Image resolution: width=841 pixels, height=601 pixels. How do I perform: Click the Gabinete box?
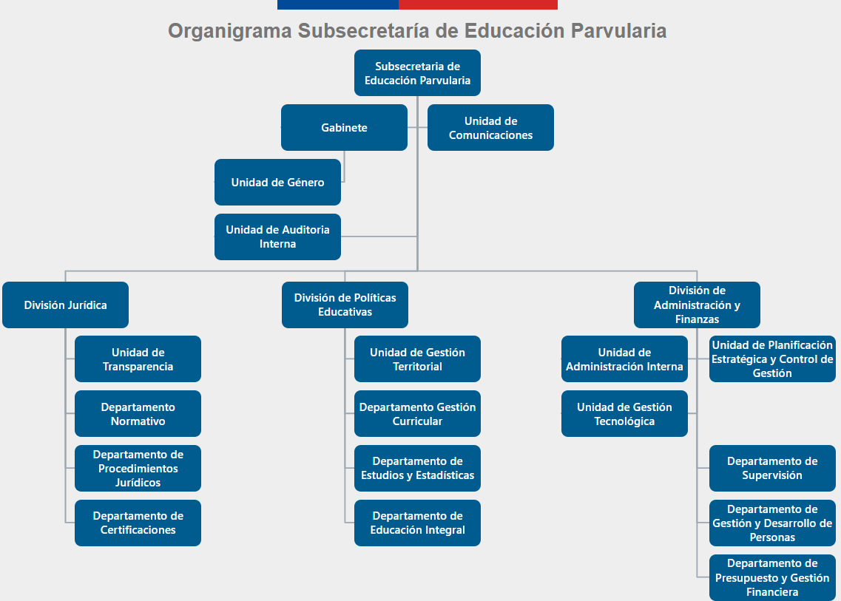[344, 127]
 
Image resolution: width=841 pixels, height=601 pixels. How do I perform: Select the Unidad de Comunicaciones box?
[490, 127]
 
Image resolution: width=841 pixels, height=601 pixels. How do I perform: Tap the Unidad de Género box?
[277, 182]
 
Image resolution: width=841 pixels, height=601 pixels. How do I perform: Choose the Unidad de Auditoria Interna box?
[277, 237]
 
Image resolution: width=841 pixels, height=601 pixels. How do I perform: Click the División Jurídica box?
[65, 305]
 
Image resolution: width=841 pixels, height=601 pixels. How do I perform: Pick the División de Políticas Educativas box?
[345, 305]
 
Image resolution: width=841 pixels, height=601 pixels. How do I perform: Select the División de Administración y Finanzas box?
[697, 305]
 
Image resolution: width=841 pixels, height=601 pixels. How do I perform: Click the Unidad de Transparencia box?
[138, 359]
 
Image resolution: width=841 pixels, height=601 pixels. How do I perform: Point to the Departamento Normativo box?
[138, 414]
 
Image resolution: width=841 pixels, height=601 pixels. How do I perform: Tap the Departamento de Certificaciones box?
[138, 523]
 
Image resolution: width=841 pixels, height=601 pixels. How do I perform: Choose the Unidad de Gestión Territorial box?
[417, 359]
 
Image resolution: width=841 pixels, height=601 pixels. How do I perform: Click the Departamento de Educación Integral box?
[417, 523]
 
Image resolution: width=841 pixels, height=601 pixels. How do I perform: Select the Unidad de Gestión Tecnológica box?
[624, 414]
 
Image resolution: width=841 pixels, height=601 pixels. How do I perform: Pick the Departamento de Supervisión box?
[772, 468]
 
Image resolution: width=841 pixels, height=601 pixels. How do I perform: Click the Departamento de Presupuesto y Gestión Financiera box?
[772, 577]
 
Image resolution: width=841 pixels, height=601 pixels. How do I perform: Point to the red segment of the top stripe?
[478, 4]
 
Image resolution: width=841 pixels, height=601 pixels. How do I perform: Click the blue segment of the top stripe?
[338, 4]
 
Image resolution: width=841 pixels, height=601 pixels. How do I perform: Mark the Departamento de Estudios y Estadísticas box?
[417, 468]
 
